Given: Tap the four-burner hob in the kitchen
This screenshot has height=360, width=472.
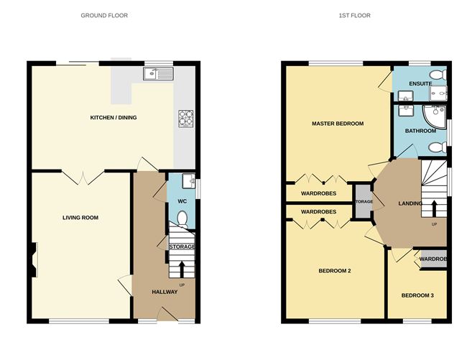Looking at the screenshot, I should tap(185, 117).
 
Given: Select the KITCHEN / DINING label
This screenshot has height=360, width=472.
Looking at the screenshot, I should tap(113, 118).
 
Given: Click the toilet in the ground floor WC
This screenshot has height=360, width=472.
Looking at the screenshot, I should tap(182, 218).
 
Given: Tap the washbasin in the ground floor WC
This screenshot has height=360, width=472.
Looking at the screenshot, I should tap(187, 180).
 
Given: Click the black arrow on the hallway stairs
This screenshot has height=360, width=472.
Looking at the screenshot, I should tap(180, 268).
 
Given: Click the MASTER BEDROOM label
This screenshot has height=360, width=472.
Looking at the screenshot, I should tap(338, 124).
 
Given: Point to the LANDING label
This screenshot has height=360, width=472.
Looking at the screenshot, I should tap(410, 203).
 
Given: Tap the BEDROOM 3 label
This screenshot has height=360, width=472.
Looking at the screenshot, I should tap(417, 295).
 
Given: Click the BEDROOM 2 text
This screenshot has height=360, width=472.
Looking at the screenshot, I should tap(335, 271).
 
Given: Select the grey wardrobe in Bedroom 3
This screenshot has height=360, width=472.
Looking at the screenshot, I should tap(432, 259).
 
